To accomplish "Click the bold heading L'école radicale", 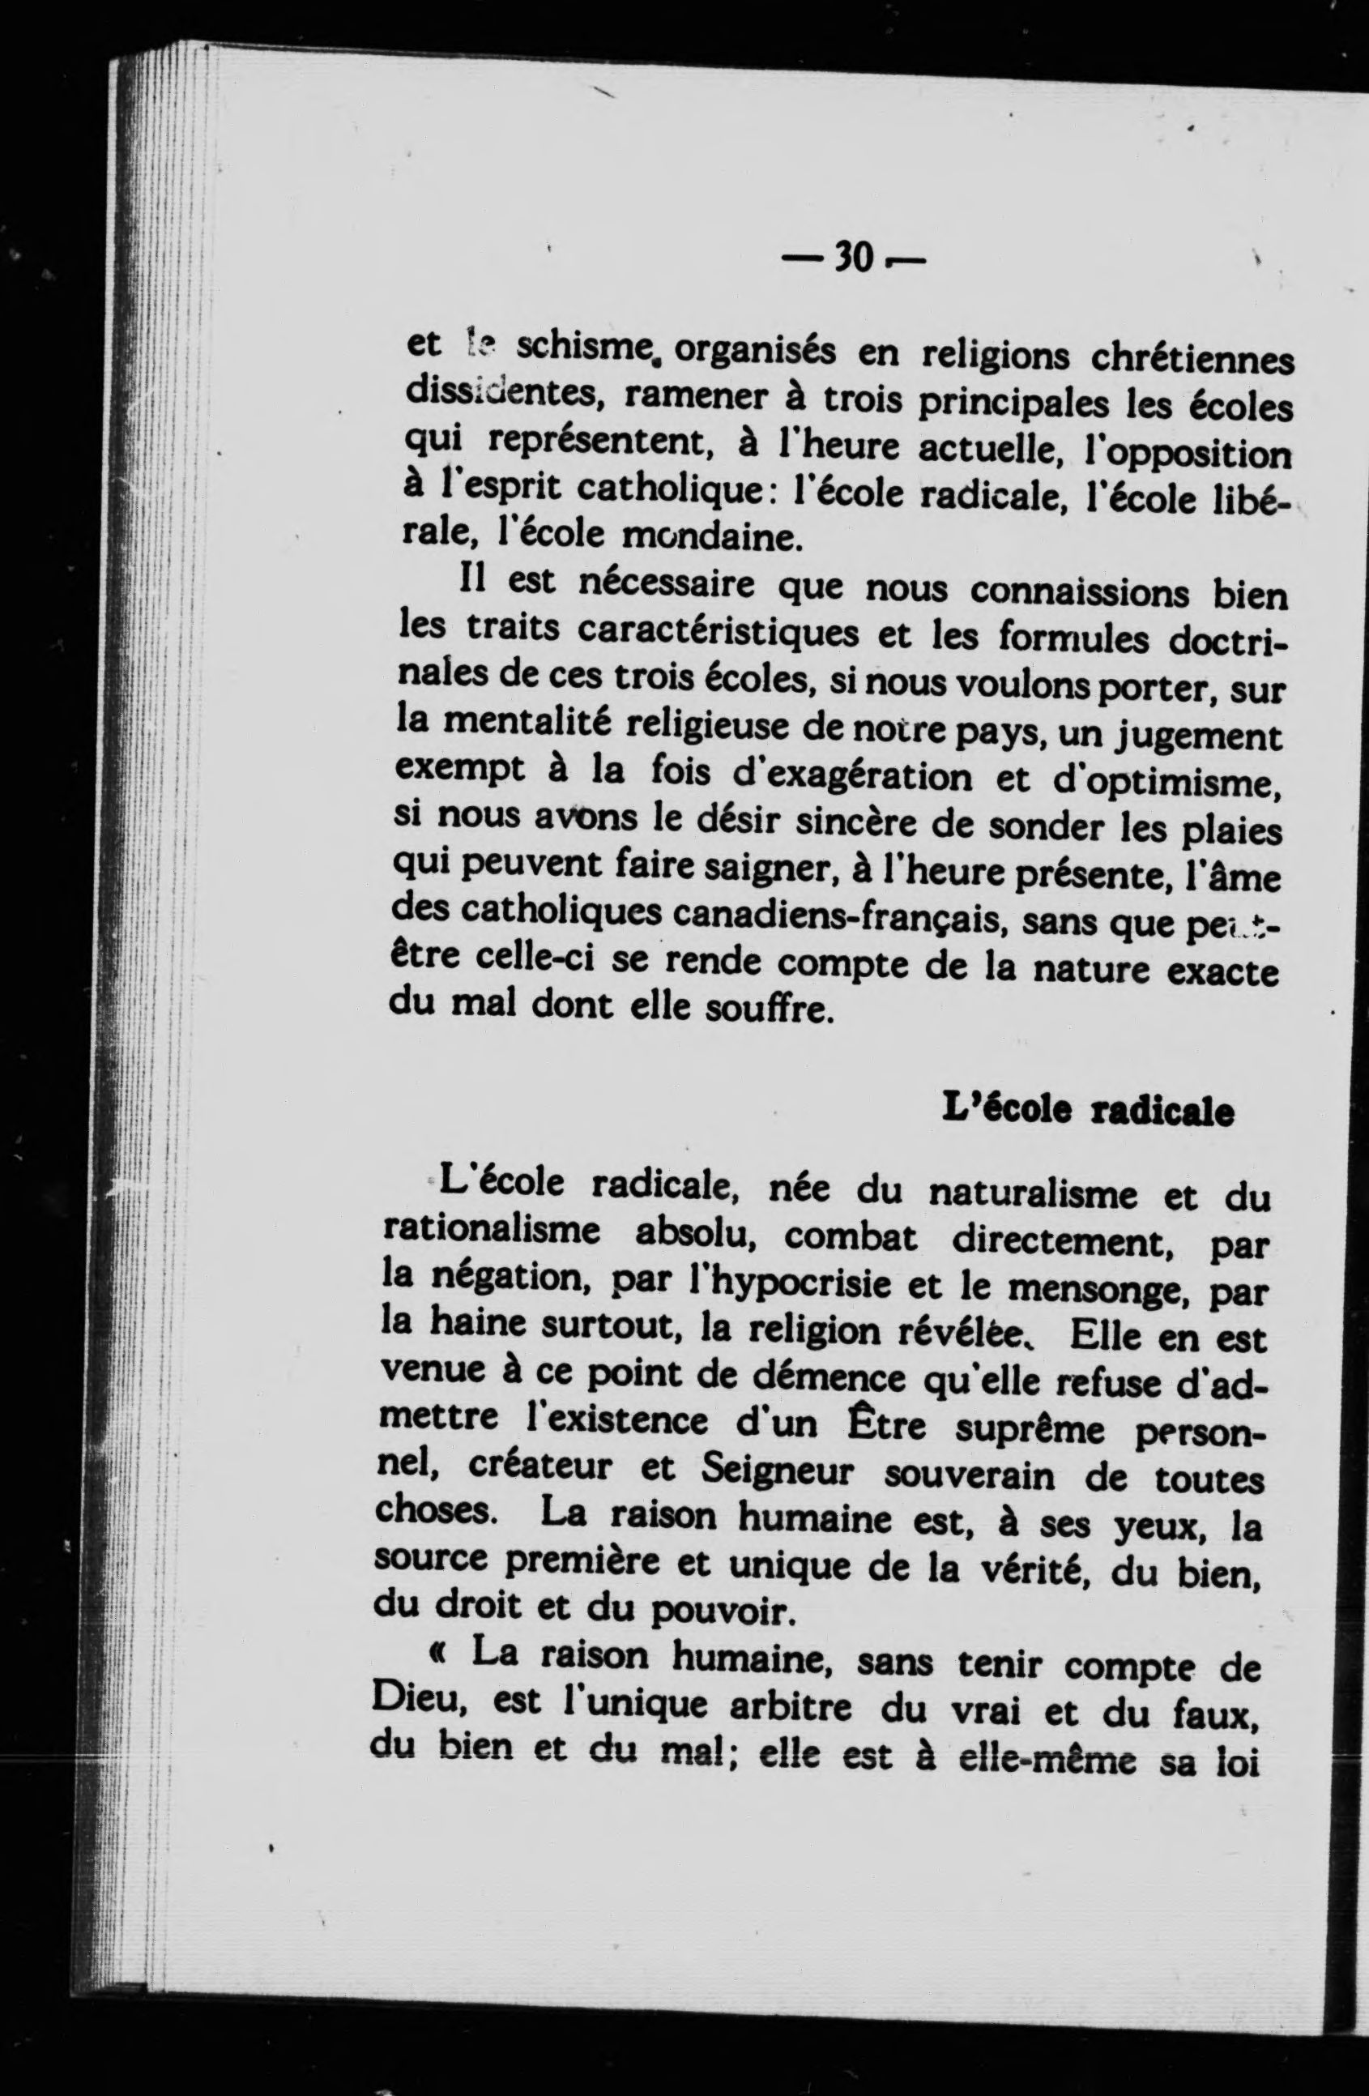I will coord(1088,1112).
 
